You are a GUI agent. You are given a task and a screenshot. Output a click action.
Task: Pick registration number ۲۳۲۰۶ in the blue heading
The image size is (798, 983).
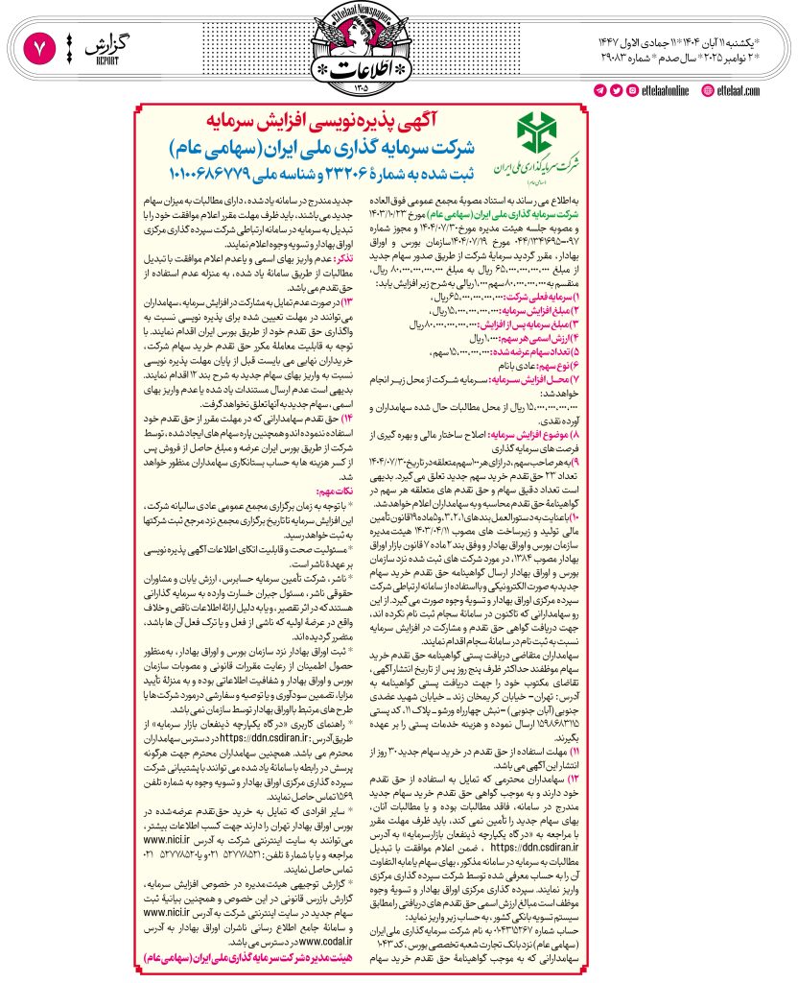(316, 173)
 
